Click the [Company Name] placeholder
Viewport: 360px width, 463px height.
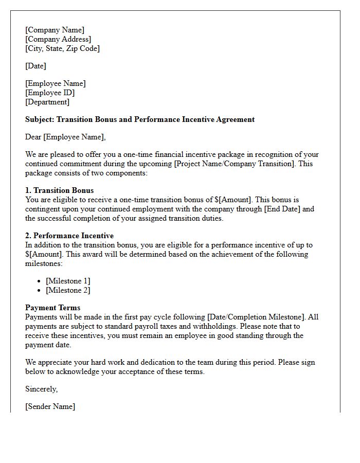point(55,30)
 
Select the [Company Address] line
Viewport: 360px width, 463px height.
point(58,39)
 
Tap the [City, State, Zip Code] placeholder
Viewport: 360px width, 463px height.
point(62,48)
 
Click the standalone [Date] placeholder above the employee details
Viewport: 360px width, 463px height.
point(35,66)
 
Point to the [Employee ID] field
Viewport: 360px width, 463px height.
point(50,93)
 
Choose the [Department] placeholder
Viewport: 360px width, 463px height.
point(47,102)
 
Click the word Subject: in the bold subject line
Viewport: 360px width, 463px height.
point(40,119)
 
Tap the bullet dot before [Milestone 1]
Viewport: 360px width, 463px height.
point(40,281)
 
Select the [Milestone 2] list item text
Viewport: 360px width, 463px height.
point(68,290)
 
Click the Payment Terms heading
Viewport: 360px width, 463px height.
point(52,308)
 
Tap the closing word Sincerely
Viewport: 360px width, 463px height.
point(41,389)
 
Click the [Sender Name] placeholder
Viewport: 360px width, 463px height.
point(50,406)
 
